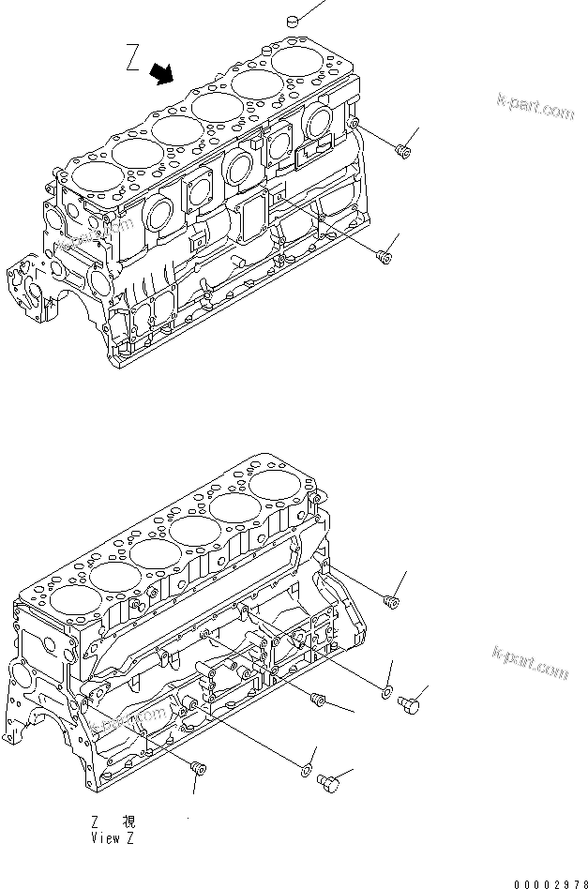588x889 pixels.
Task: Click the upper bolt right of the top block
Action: pyautogui.click(x=403, y=148)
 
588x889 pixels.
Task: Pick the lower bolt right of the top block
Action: pyautogui.click(x=383, y=255)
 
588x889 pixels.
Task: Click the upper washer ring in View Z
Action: pyautogui.click(x=386, y=693)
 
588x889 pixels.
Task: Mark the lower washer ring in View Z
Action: pyautogui.click(x=305, y=772)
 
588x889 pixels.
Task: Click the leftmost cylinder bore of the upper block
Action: pyautogui.click(x=90, y=173)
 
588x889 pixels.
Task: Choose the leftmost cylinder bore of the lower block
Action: pyautogui.click(x=71, y=600)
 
